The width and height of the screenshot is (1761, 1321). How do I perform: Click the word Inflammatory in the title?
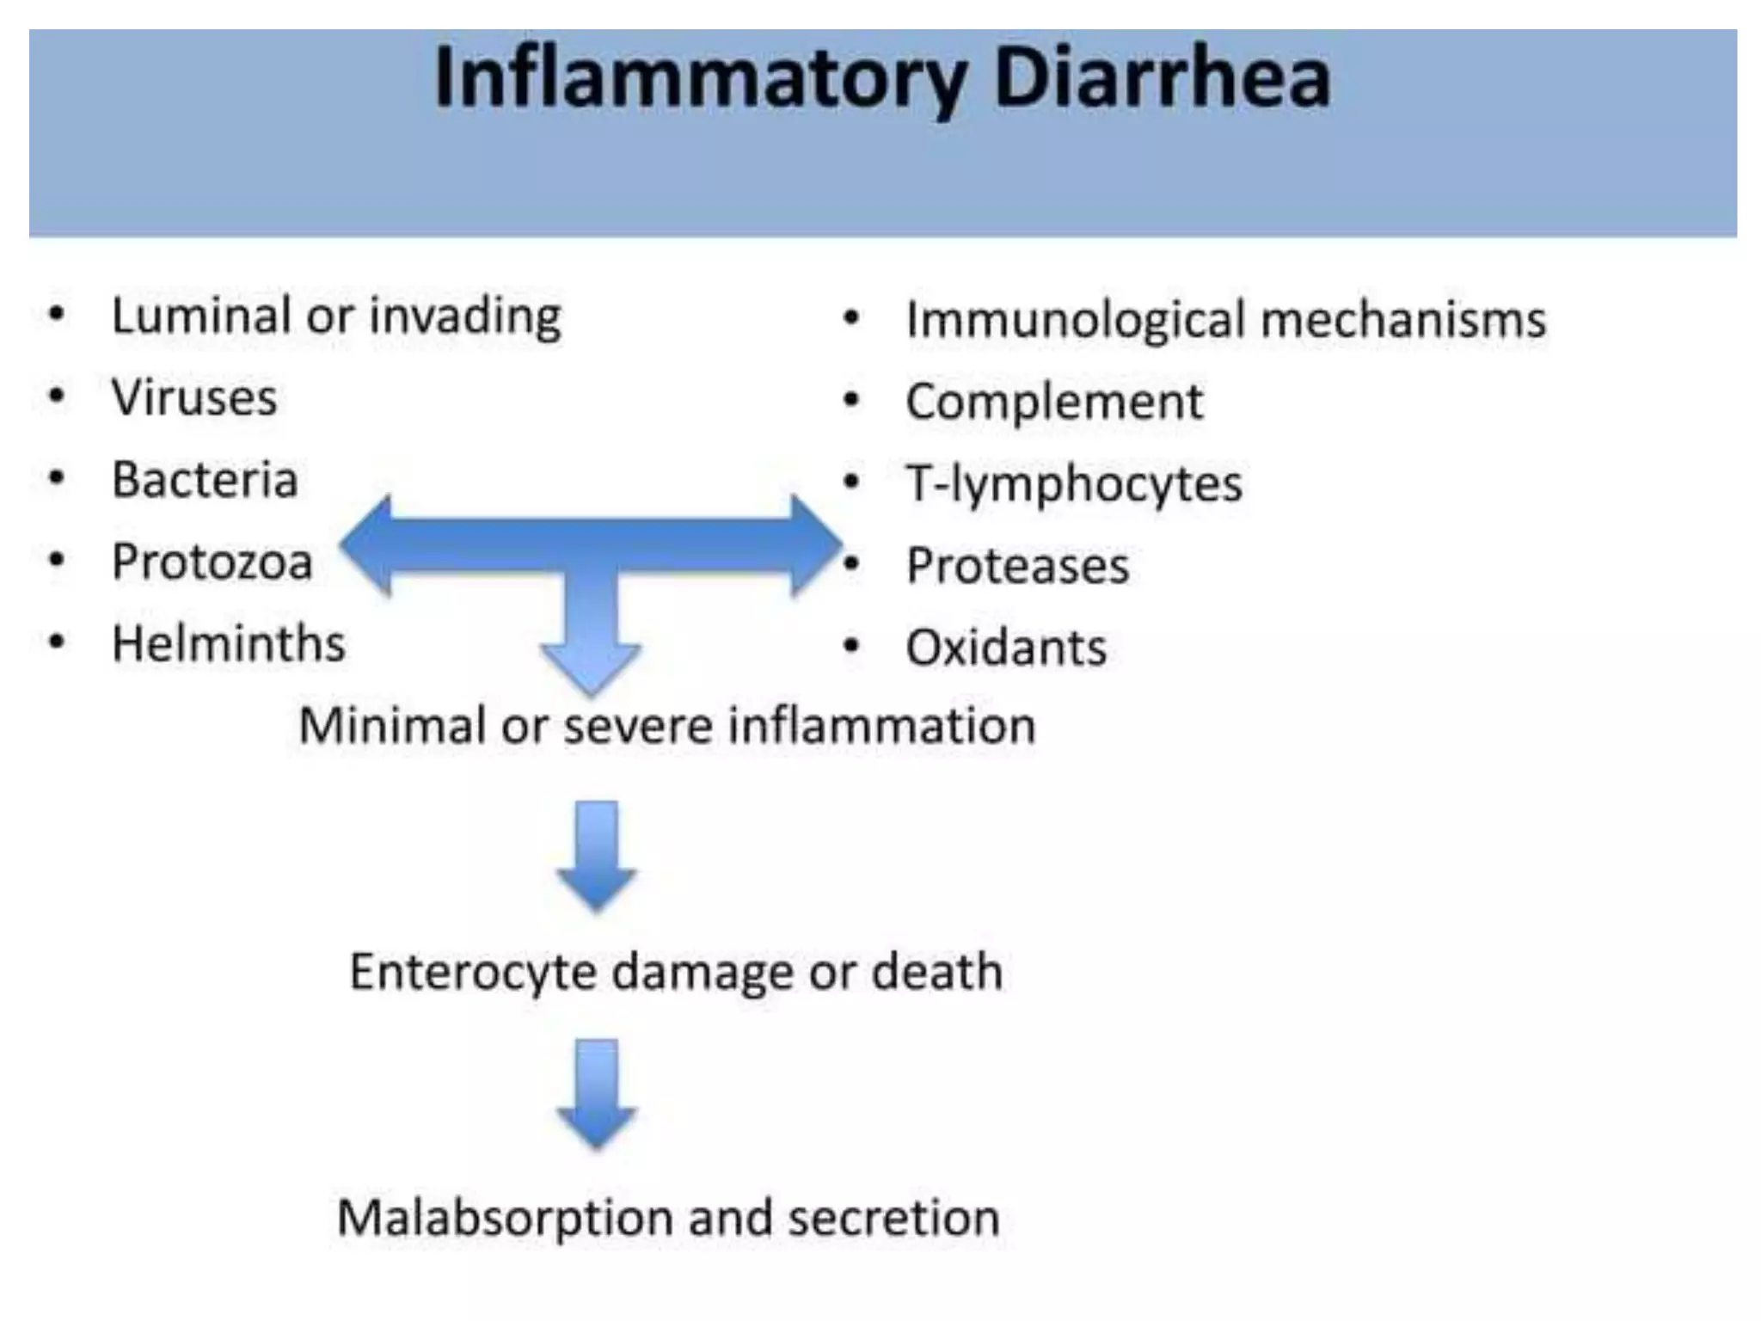tap(701, 79)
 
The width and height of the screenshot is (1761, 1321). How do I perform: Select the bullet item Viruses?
tap(194, 397)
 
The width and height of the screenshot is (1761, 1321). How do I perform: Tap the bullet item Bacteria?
tap(205, 479)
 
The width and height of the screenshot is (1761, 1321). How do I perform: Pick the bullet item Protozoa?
tap(212, 562)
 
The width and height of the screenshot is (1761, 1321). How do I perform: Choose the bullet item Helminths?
tap(229, 643)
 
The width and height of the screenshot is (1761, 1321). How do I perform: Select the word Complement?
tap(1054, 402)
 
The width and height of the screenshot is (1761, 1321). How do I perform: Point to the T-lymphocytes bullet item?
tap(1074, 483)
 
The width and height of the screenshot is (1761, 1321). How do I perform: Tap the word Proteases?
tap(1017, 566)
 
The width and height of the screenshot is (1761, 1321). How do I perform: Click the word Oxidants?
tap(1006, 648)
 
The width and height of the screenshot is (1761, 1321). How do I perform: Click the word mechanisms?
tap(1403, 320)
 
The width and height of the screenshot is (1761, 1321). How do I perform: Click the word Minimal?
tap(392, 725)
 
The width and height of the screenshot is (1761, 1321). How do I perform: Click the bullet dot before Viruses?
tap(57, 396)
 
